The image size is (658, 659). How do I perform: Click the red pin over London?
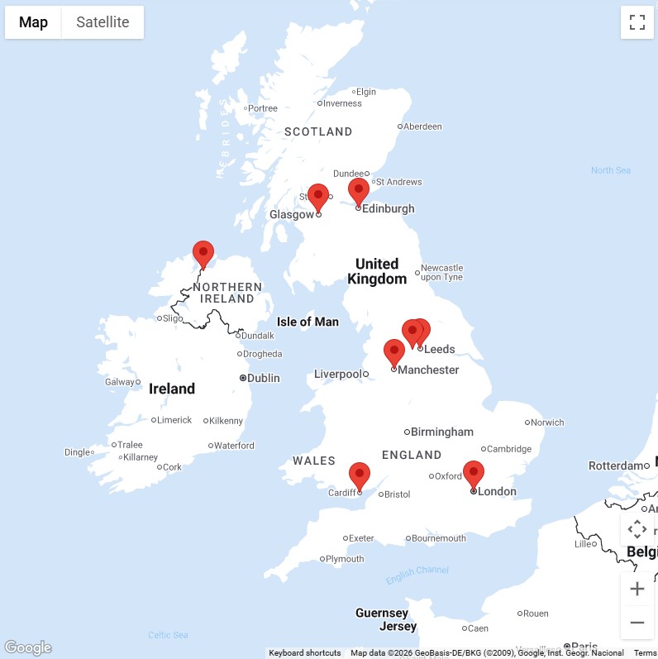pyautogui.click(x=473, y=474)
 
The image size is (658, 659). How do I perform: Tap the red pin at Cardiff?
pyautogui.click(x=359, y=475)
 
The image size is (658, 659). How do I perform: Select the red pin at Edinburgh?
pyautogui.click(x=358, y=191)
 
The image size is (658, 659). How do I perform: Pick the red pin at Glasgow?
pyautogui.click(x=318, y=197)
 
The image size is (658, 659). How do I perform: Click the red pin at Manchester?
pyautogui.click(x=394, y=352)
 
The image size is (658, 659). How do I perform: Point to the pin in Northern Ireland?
pyautogui.click(x=203, y=253)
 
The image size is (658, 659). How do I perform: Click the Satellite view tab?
pyautogui.click(x=103, y=22)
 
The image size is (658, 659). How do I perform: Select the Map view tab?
pyautogui.click(x=33, y=22)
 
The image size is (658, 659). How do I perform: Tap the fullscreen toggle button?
pyautogui.click(x=637, y=22)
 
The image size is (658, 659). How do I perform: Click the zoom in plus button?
pyautogui.click(x=637, y=589)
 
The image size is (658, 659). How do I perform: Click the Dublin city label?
pyautogui.click(x=264, y=378)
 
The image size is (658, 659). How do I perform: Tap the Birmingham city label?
pyautogui.click(x=442, y=432)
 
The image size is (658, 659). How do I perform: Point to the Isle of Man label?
pyautogui.click(x=308, y=322)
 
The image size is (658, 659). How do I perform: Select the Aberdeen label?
pyautogui.click(x=423, y=127)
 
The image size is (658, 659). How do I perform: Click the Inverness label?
pyautogui.click(x=342, y=103)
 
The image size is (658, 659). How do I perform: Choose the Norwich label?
pyautogui.click(x=547, y=423)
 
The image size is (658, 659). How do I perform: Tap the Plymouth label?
pyautogui.click(x=345, y=559)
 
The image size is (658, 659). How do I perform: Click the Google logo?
pyautogui.click(x=27, y=647)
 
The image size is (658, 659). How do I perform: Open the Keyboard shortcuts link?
pyautogui.click(x=304, y=653)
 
